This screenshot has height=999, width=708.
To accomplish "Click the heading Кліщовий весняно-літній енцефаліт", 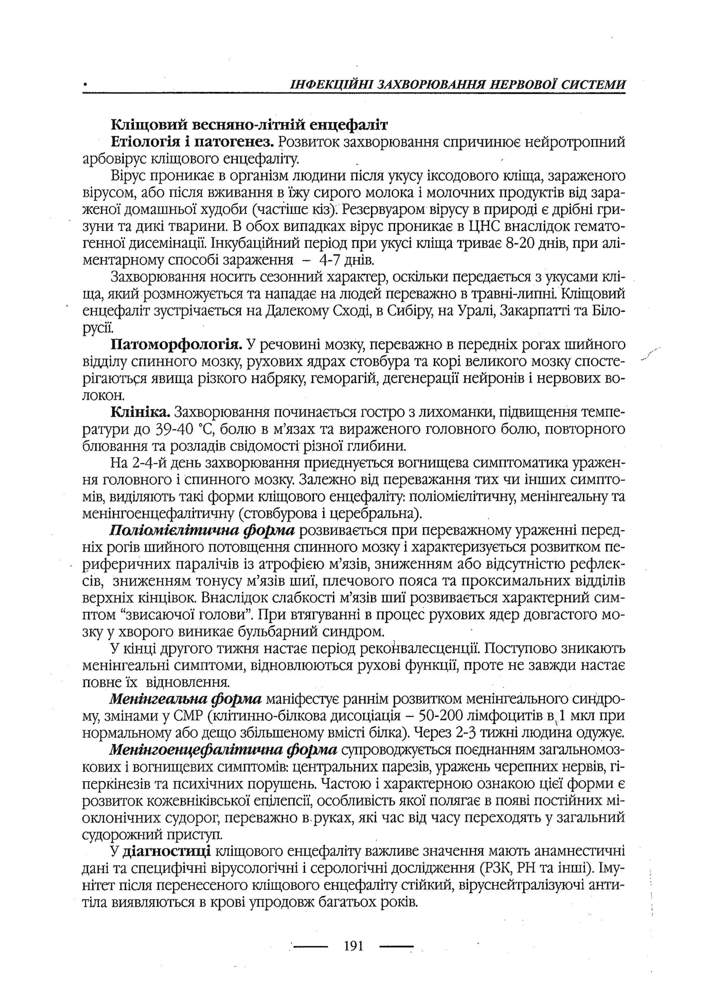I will (x=249, y=125).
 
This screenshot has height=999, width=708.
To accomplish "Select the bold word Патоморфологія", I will (x=177, y=345).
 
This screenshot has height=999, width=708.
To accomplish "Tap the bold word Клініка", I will (x=140, y=412).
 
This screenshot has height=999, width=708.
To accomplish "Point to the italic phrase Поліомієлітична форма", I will (x=203, y=531).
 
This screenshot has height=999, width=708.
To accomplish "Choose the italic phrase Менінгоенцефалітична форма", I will (x=224, y=750).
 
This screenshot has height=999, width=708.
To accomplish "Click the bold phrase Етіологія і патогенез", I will (x=192, y=142).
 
